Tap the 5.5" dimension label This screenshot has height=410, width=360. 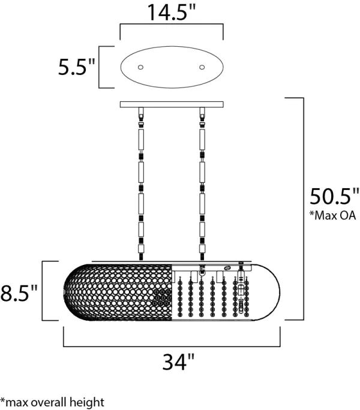click(77, 67)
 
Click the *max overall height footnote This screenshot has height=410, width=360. click(52, 402)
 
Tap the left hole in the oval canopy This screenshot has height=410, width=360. click(142, 67)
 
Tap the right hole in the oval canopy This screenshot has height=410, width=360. click(202, 67)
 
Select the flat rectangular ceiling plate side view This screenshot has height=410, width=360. click(172, 104)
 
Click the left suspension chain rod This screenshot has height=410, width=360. click(142, 186)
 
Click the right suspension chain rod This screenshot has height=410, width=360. click(202, 186)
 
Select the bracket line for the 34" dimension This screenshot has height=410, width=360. click(172, 346)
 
